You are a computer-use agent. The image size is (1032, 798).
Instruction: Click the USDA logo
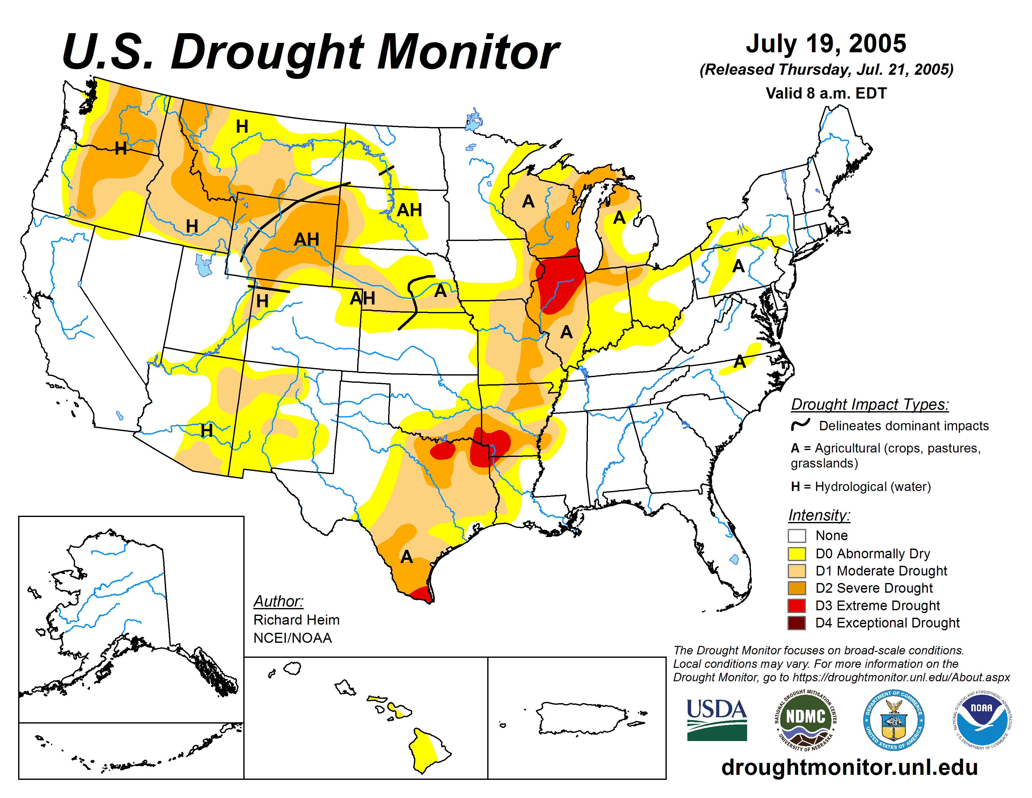pyautogui.click(x=716, y=719)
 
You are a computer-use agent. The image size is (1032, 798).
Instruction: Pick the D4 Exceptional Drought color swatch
pyautogui.click(x=797, y=623)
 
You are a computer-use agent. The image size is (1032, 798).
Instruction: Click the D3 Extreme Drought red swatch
pyautogui.click(x=797, y=606)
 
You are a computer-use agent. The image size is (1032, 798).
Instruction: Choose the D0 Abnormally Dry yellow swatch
pyautogui.click(x=797, y=554)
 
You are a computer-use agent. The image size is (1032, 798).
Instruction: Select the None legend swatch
pyautogui.click(x=797, y=536)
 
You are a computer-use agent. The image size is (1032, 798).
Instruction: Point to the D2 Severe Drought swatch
pyautogui.click(x=797, y=588)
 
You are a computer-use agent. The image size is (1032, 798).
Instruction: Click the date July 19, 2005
pyautogui.click(x=826, y=43)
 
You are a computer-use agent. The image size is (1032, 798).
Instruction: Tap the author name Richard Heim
pyautogui.click(x=296, y=620)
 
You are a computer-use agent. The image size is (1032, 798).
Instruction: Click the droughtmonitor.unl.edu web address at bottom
pyautogui.click(x=849, y=767)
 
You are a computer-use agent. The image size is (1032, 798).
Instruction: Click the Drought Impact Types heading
pyautogui.click(x=869, y=405)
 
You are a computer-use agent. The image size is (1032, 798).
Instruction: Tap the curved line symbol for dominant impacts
pyautogui.click(x=801, y=425)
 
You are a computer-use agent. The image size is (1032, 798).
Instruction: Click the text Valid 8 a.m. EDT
pyautogui.click(x=826, y=93)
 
